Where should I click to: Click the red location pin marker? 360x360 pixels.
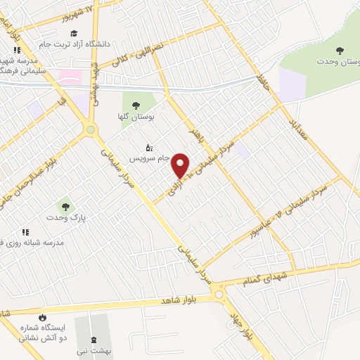181,165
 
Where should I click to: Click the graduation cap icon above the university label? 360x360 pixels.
74,33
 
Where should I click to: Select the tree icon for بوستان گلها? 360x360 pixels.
136,105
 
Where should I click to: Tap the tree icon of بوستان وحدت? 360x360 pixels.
340,50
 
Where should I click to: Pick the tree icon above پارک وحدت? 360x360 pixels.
65,207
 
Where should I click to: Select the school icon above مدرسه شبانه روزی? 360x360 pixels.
26,231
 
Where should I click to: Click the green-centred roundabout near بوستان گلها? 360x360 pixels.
90,129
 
